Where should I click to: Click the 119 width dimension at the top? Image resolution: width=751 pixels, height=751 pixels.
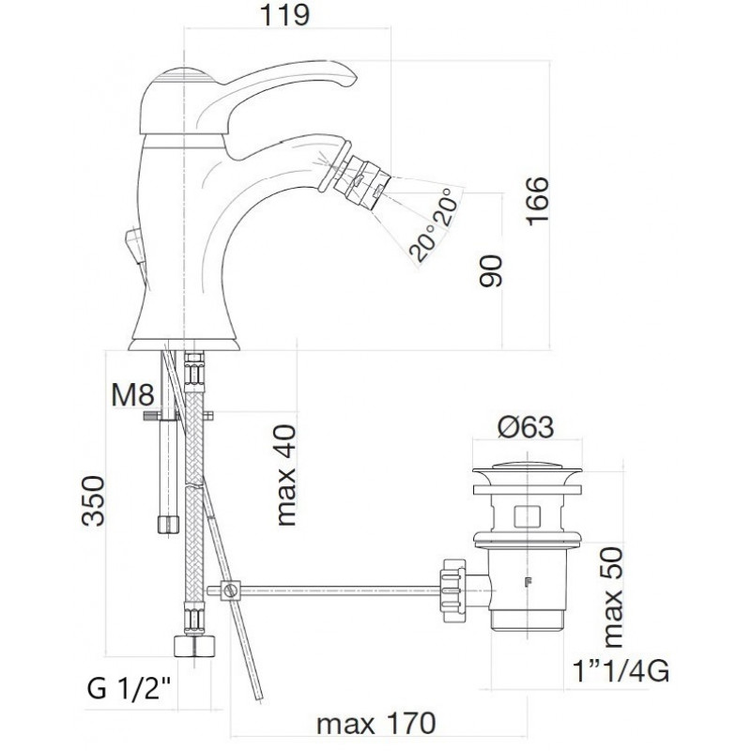pos(284,15)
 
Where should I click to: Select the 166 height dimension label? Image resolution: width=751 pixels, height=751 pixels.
pos(537,201)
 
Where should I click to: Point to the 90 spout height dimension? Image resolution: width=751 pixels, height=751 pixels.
pos(491,270)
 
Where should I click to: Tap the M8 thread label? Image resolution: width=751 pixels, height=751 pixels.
pos(132,395)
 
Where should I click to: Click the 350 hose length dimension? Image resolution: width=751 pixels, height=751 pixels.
pos(93,501)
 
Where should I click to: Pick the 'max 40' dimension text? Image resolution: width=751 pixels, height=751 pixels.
pos(286,475)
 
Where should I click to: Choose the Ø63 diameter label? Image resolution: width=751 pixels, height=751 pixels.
pos(526,427)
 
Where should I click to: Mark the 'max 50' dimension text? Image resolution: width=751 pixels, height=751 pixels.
pos(613,598)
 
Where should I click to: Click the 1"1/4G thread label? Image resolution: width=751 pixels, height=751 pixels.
pos(621,671)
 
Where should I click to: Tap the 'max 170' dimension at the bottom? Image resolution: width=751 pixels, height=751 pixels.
pos(376,723)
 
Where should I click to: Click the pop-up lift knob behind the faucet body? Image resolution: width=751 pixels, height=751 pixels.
pos(133,246)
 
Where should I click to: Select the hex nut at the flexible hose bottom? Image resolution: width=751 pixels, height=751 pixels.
pos(194,645)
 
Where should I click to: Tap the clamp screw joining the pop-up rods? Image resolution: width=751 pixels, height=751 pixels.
pos(230,590)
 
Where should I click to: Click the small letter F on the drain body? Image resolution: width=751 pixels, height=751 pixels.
pos(529,582)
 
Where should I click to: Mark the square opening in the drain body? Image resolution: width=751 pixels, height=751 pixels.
pos(527,515)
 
